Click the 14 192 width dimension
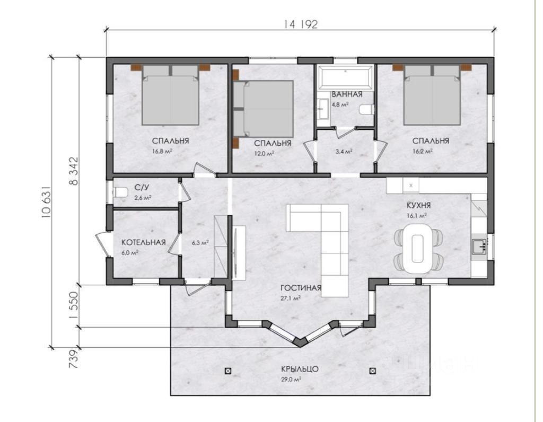(x=301, y=24)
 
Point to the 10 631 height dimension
(x=47, y=202)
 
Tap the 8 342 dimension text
(x=74, y=171)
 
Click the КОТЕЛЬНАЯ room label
(x=143, y=242)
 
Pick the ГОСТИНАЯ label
(x=301, y=288)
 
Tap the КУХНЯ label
(x=418, y=206)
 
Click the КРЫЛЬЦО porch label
(x=300, y=370)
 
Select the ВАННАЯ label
(x=347, y=94)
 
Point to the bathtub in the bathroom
(x=346, y=77)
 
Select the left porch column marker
(x=227, y=371)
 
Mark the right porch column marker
(x=373, y=371)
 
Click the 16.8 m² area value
(x=162, y=151)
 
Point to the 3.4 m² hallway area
(x=345, y=151)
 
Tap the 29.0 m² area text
(x=291, y=380)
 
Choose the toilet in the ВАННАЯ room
(x=366, y=110)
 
